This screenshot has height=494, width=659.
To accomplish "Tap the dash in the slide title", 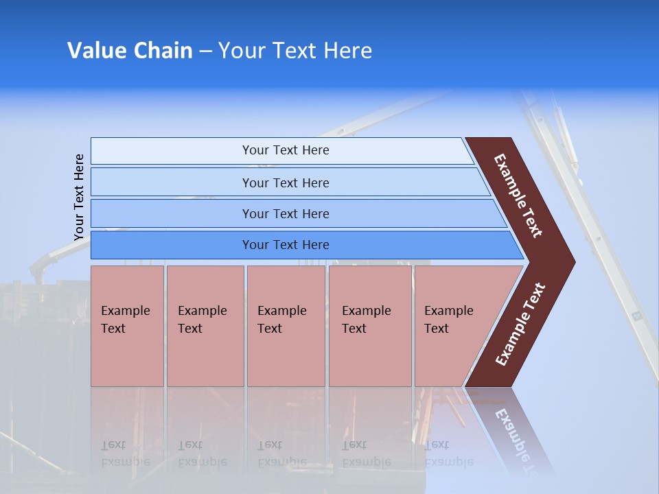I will click(205, 51).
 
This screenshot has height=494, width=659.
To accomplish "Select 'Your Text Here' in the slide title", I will click(295, 51).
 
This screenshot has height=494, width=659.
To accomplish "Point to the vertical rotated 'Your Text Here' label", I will click(79, 197).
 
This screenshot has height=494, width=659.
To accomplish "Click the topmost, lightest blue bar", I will click(285, 150).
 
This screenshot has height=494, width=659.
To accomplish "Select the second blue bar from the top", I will click(285, 183).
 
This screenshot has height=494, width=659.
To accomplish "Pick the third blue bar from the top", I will click(285, 213).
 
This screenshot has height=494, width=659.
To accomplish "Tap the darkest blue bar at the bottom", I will click(285, 245).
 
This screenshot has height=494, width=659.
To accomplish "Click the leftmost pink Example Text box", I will click(127, 326).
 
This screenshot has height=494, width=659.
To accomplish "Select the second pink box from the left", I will click(205, 326).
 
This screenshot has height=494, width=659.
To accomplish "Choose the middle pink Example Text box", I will click(286, 326).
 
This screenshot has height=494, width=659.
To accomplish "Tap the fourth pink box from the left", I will click(370, 326).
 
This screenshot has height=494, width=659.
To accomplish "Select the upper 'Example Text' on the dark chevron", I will click(518, 196).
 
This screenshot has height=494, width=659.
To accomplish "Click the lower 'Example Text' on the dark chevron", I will click(520, 325).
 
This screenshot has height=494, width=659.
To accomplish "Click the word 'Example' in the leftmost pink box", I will click(125, 311).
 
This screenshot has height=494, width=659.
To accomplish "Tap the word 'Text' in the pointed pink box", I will click(437, 329).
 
